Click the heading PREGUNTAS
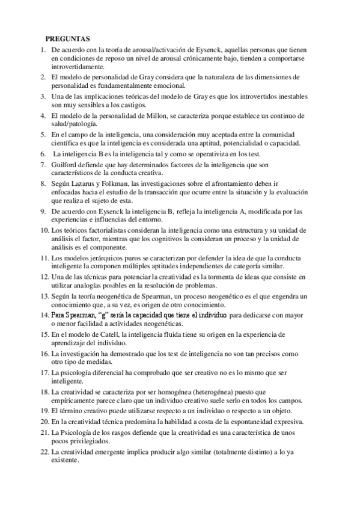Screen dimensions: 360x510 tap(69, 37)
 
